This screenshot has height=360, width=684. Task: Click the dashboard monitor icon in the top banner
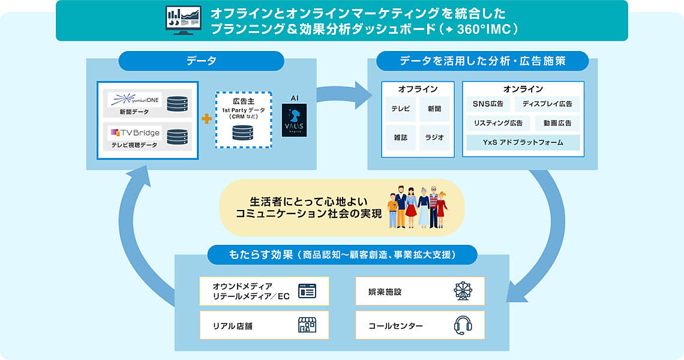click(x=184, y=21)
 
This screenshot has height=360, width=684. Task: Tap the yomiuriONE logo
click(x=134, y=99)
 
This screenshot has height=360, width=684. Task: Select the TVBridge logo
click(x=134, y=132)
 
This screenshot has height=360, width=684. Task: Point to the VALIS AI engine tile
click(x=294, y=120)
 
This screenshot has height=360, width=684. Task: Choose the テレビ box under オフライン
click(x=400, y=109)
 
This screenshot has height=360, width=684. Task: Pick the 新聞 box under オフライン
click(x=434, y=109)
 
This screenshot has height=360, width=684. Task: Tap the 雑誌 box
click(x=400, y=137)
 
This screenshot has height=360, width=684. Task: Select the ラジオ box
click(x=434, y=137)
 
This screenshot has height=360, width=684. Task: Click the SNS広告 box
click(x=488, y=104)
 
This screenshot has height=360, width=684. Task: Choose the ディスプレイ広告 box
click(x=547, y=104)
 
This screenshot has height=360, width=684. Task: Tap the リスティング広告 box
click(x=498, y=124)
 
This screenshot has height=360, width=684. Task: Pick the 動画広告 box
click(x=557, y=124)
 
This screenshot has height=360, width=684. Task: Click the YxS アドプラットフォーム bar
click(x=523, y=143)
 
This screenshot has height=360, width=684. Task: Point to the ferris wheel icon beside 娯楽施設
click(x=463, y=292)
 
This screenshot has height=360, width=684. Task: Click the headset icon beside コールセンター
click(x=463, y=326)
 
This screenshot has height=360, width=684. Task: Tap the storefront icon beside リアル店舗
click(x=307, y=326)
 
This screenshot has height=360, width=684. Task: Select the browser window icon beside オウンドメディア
click(x=307, y=292)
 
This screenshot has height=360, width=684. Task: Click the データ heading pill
click(x=202, y=61)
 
